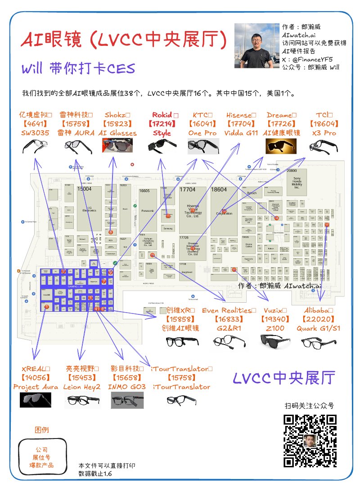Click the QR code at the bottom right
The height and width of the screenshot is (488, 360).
[x=310, y=441]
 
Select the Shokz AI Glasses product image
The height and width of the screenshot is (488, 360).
[x=117, y=146]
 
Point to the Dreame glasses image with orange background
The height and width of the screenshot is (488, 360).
[x=278, y=146]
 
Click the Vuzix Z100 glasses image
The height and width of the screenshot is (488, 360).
[x=276, y=342]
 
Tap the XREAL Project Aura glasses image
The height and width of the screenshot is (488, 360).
[x=36, y=400]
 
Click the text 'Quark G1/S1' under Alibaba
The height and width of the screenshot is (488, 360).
[x=318, y=328]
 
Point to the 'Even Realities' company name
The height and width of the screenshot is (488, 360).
[x=228, y=310]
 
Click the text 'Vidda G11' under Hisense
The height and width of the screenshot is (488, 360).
[x=241, y=133]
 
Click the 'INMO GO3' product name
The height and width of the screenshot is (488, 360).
[x=127, y=387]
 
